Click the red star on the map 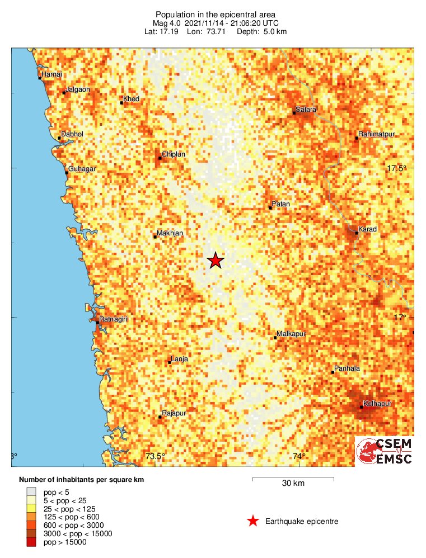[x=216, y=261]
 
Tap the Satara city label [x=306, y=110]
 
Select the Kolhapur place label [x=377, y=403]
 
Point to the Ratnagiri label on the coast [x=114, y=319]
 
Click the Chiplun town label [x=173, y=154]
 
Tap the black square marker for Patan [x=270, y=208]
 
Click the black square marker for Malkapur [x=275, y=338]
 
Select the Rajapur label [x=174, y=413]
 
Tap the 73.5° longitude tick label [x=155, y=456]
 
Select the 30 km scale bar [x=293, y=479]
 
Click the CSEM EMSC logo [x=385, y=451]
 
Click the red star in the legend [x=253, y=522]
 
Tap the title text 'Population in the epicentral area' [x=216, y=14]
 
